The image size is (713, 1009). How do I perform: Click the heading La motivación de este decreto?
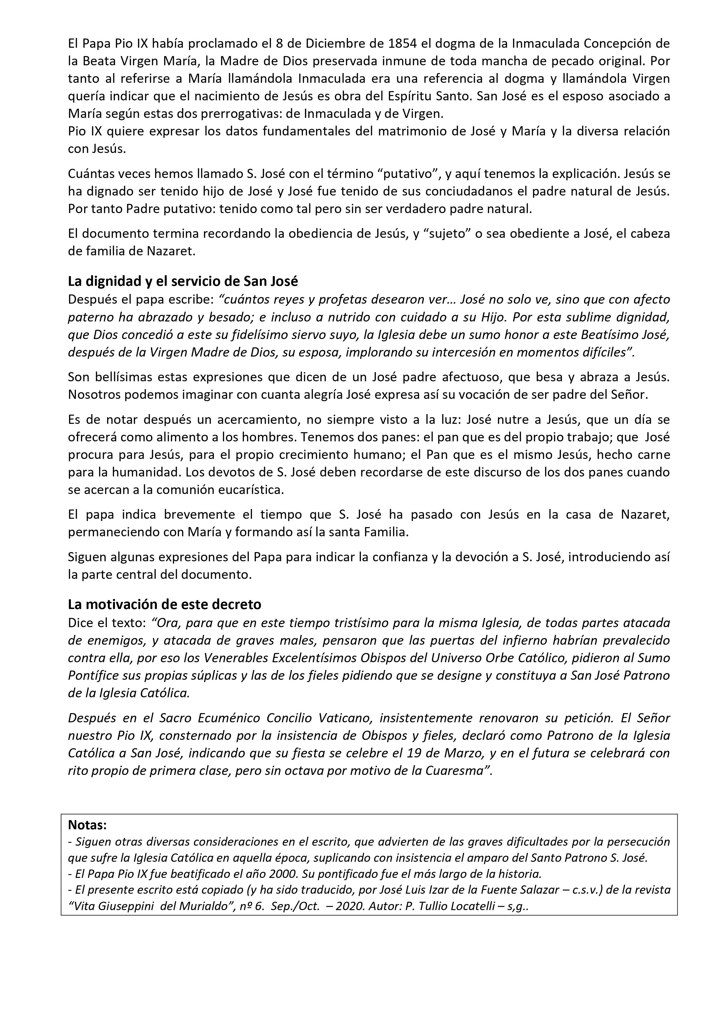coord(165,605)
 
